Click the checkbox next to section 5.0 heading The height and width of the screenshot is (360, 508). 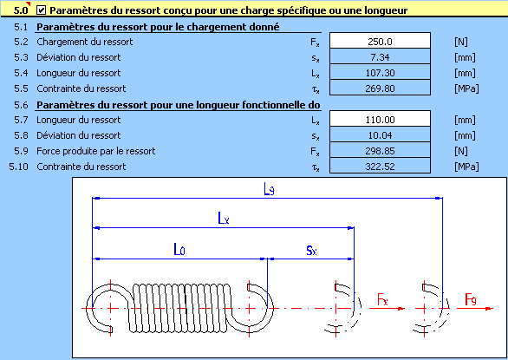click(41, 10)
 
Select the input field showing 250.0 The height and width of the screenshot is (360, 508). click(380, 41)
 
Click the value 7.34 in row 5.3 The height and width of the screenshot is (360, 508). click(380, 56)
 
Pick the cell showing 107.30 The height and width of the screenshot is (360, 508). click(380, 72)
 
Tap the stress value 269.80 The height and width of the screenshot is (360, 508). click(380, 88)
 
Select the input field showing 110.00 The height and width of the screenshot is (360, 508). click(380, 119)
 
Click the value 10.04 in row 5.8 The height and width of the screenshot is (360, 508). click(380, 135)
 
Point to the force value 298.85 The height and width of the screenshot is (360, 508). click(380, 150)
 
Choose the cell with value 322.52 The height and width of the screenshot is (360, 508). click(380, 166)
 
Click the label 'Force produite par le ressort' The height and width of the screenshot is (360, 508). click(96, 151)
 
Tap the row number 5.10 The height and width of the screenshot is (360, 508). click(18, 167)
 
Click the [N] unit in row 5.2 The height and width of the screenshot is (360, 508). click(461, 42)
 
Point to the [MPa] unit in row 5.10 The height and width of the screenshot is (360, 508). click(466, 167)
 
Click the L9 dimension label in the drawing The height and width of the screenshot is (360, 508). click(269, 189)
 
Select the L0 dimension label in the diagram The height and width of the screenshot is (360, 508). click(179, 250)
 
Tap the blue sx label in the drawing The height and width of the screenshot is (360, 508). click(311, 251)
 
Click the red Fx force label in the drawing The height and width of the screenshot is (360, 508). click(382, 299)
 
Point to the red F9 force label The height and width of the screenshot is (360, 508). click(471, 299)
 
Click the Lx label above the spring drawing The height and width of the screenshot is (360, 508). click(224, 219)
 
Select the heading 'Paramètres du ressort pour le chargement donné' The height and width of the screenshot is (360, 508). click(158, 27)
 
